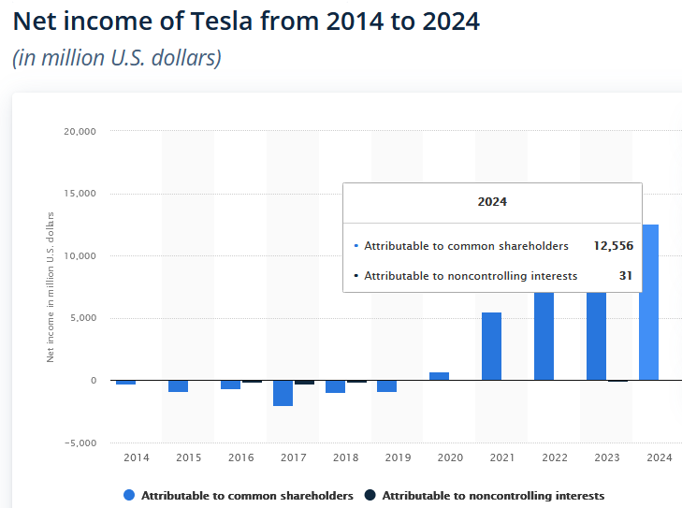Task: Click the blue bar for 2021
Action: point(491,346)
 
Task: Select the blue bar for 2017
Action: point(283,393)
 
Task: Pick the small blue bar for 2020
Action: point(439,376)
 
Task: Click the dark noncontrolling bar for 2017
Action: point(304,382)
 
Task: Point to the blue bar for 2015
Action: point(178,385)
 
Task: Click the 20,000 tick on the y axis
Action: point(80,131)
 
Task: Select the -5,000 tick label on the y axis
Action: point(80,443)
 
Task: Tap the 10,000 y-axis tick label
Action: point(80,255)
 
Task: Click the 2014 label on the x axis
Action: point(136,457)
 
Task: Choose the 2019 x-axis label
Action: point(398,457)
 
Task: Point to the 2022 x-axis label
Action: point(555,457)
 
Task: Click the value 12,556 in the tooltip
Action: point(613,246)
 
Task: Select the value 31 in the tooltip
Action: point(625,276)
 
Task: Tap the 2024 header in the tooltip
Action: point(492,201)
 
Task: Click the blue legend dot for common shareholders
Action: point(129,495)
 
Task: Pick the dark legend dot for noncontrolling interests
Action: point(370,495)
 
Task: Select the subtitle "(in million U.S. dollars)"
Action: point(116,58)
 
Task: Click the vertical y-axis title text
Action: point(51,287)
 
